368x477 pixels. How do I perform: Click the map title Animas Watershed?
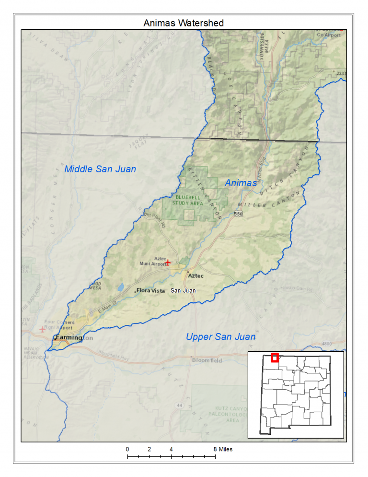point(184,23)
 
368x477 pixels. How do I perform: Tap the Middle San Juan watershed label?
point(100,169)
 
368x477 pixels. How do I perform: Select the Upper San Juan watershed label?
point(220,337)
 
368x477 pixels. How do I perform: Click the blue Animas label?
point(241,183)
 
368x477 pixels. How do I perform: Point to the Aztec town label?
point(196,276)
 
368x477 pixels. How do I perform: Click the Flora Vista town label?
point(150,291)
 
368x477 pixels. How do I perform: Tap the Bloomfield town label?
point(207,360)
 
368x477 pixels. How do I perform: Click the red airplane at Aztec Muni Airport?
point(168,262)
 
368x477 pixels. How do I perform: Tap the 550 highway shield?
point(239,214)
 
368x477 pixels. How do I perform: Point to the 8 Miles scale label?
point(223,449)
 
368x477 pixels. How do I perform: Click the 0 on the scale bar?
point(127,449)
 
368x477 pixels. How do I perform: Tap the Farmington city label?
point(67,338)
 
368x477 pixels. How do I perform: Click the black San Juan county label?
point(183,291)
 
